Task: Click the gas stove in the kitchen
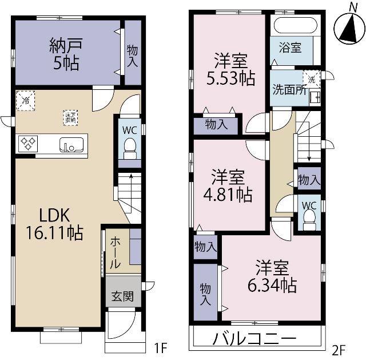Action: [x=27, y=143]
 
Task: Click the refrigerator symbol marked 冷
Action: [x=25, y=100]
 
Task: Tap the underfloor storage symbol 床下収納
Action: [x=70, y=117]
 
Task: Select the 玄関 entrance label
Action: [x=122, y=298]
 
